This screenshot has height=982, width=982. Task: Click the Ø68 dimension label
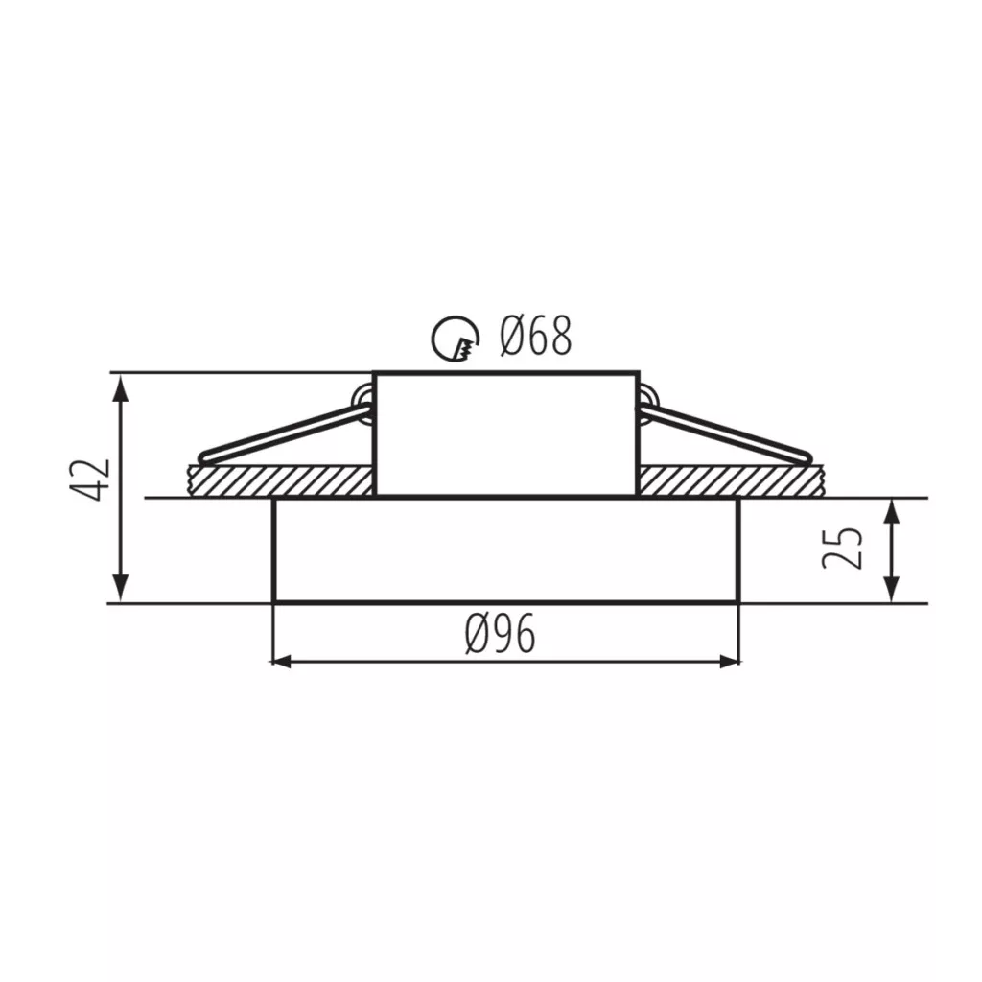535,337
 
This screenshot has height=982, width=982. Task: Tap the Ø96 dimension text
501,634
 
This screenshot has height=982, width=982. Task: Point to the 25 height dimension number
842,548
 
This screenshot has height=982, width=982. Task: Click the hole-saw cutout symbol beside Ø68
456,339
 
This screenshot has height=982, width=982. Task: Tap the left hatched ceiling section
281,480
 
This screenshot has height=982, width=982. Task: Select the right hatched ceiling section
730,480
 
